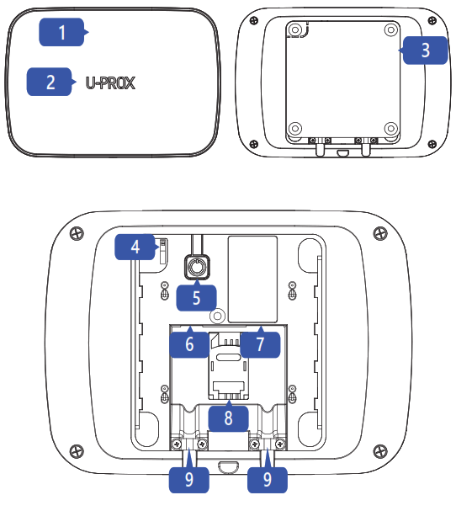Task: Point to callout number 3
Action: point(424,50)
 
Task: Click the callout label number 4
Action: point(135,248)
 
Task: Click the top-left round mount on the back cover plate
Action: point(294,29)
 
